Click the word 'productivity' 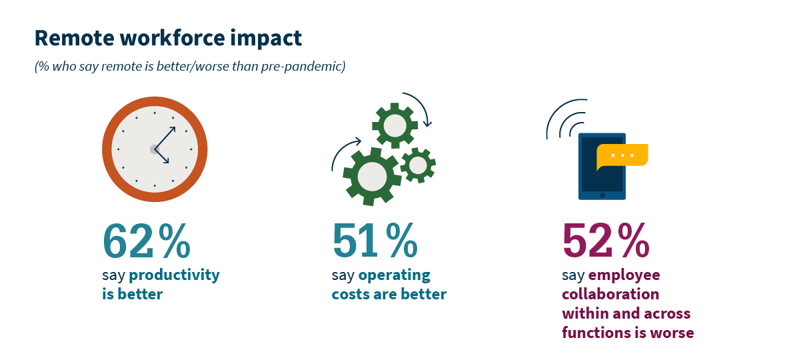click(x=174, y=275)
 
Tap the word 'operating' click(x=395, y=275)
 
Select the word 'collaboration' click(x=610, y=294)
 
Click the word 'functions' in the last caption click(x=596, y=333)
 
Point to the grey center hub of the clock click(x=155, y=149)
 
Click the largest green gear click(x=371, y=176)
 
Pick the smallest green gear click(x=418, y=165)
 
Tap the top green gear click(x=395, y=125)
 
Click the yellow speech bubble click(x=622, y=155)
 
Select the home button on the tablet click(x=602, y=195)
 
